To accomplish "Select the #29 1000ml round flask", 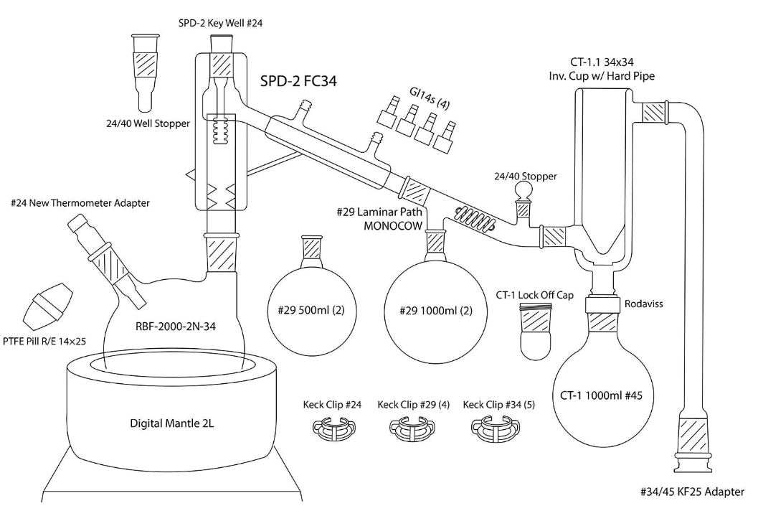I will pyautogui.click(x=435, y=313).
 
